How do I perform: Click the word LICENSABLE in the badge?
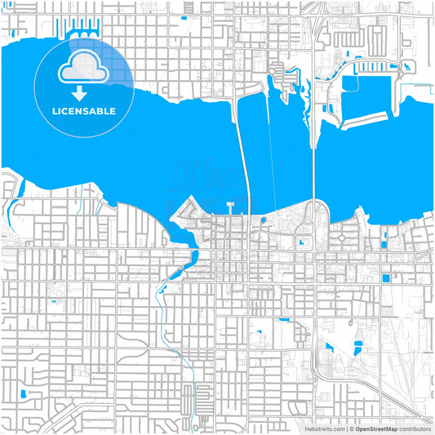pos(83,110)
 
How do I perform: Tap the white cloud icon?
pos(83,68)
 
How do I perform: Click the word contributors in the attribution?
pos(415,428)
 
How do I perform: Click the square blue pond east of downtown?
pos(385,278)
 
